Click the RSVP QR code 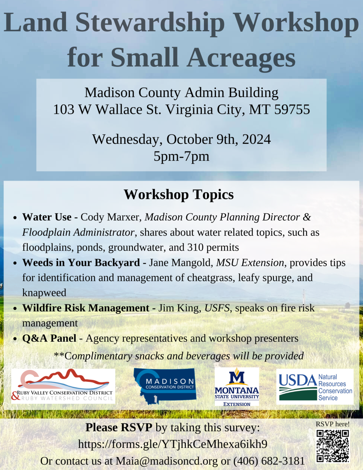click(333, 446)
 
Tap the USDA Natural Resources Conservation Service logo click(315, 387)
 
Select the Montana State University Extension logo click(237, 387)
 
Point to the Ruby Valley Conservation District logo click(63, 386)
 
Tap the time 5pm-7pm click(181, 156)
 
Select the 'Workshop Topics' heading click(179, 195)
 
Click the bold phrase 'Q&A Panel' click(49, 338)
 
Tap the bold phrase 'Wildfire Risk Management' click(86, 308)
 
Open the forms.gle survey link click(172, 444)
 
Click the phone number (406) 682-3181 click(269, 461)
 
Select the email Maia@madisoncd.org click(167, 461)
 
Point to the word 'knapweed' click(44, 293)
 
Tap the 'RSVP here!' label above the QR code click(333, 424)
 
